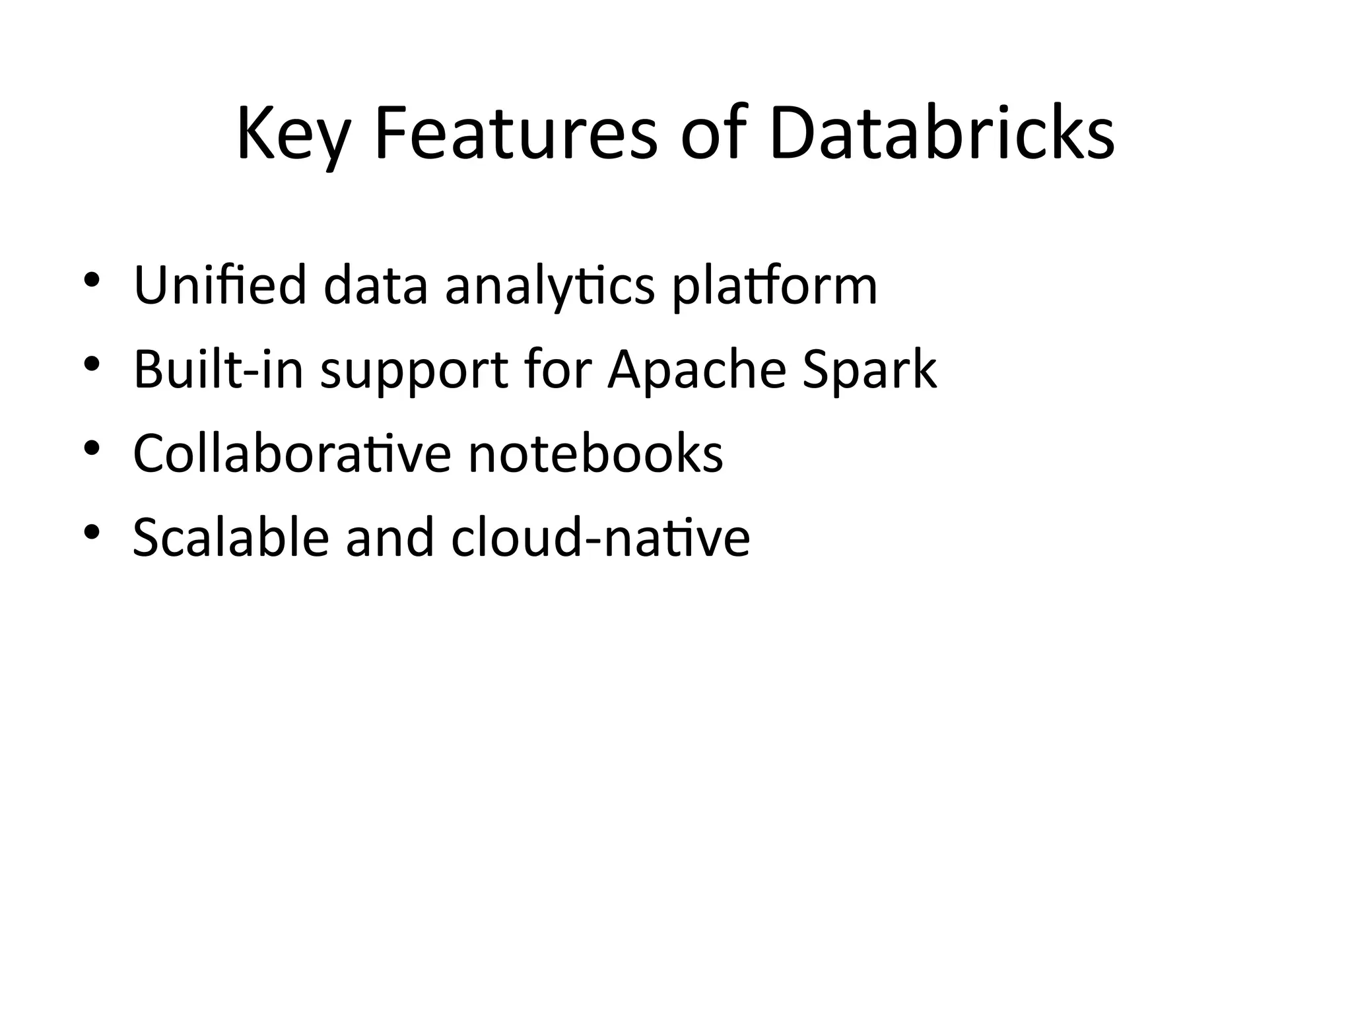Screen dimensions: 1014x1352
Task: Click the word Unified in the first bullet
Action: click(x=220, y=285)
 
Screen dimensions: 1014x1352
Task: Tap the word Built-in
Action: click(x=219, y=370)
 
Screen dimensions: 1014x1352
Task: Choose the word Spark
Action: click(x=869, y=370)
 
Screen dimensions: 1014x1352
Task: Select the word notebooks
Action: click(x=595, y=454)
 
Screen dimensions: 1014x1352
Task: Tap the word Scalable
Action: click(x=230, y=537)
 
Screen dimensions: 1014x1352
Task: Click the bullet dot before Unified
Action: click(x=92, y=279)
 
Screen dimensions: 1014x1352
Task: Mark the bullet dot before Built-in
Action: click(x=92, y=363)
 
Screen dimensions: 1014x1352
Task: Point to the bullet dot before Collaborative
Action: click(x=92, y=447)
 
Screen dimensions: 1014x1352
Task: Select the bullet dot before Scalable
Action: click(x=92, y=531)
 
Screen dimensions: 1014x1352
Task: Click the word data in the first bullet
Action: click(x=376, y=285)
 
